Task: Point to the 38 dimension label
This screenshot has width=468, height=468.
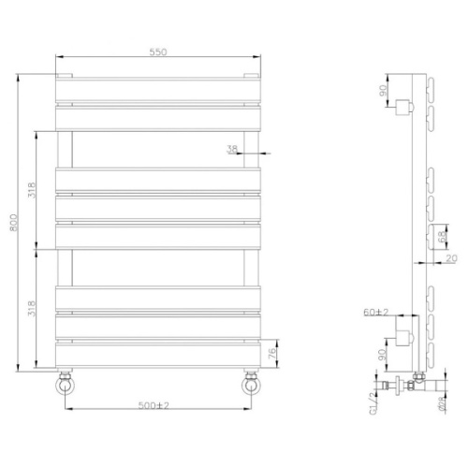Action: point(232,149)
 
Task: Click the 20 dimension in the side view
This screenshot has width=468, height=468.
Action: point(452,258)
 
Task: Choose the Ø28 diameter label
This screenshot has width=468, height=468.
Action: point(439,405)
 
